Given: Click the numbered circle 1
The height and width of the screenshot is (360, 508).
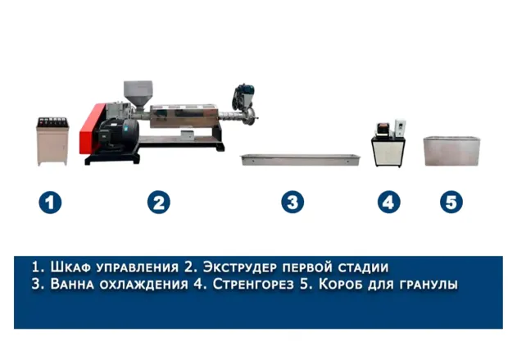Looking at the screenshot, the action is (50, 203).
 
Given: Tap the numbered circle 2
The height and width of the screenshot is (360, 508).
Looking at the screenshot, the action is (158, 202).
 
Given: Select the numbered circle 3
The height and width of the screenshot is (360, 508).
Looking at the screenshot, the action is (293, 202).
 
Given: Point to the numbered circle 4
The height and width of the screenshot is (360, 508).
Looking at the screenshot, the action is (388, 202).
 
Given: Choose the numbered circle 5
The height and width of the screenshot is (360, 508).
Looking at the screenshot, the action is (451, 202).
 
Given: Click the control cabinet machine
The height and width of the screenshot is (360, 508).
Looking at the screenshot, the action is (52, 141).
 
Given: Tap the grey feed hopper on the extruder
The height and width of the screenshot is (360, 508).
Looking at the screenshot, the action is (138, 94).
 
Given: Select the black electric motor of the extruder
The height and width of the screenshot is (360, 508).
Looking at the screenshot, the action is (120, 134).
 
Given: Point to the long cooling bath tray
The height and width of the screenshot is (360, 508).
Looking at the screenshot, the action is (301, 160).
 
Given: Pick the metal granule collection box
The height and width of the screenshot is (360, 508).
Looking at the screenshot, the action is (452, 152).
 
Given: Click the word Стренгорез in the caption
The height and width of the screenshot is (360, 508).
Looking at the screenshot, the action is (253, 284).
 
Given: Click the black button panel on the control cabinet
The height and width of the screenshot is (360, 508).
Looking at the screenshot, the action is (53, 122).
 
